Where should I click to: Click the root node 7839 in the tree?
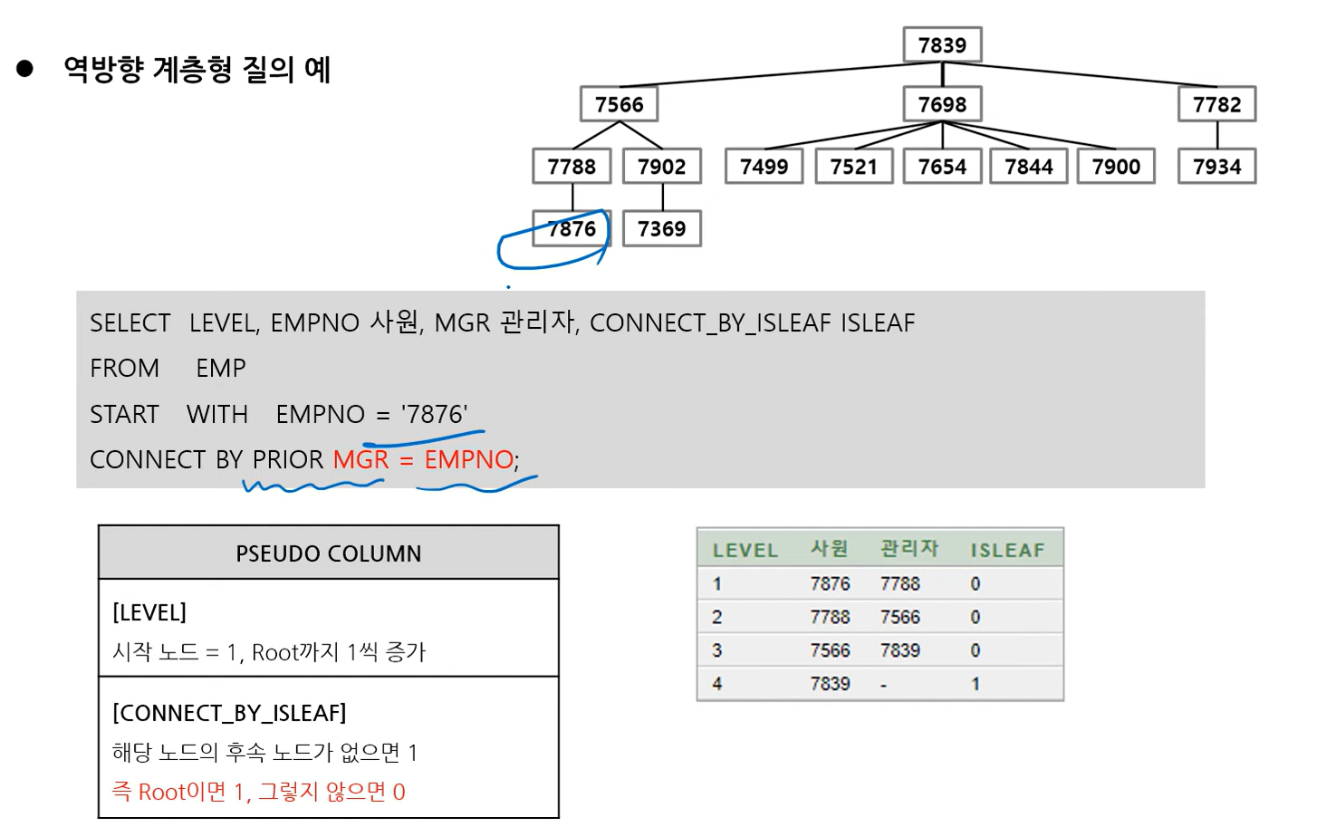[x=942, y=45]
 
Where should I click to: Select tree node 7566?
[x=619, y=104]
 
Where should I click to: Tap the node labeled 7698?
[x=942, y=104]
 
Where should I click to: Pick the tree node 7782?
[x=1216, y=104]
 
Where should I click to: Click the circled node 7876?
[x=572, y=229]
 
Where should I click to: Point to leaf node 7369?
[x=661, y=229]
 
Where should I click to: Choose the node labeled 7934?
[x=1216, y=167]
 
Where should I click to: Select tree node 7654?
[x=942, y=167]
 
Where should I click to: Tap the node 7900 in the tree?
[x=1116, y=167]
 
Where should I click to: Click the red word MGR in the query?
[x=360, y=460]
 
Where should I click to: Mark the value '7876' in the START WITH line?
[x=435, y=415]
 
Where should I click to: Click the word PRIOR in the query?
[x=288, y=460]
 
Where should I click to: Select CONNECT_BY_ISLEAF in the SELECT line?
[x=710, y=323]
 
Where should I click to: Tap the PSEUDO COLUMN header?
[x=328, y=553]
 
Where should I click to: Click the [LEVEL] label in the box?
[x=149, y=612]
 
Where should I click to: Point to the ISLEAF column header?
[x=1007, y=550]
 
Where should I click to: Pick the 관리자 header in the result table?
[x=909, y=549]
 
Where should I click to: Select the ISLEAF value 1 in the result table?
[x=976, y=684]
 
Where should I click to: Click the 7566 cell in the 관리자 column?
[x=899, y=618]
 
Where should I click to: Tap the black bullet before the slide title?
[x=24, y=69]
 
